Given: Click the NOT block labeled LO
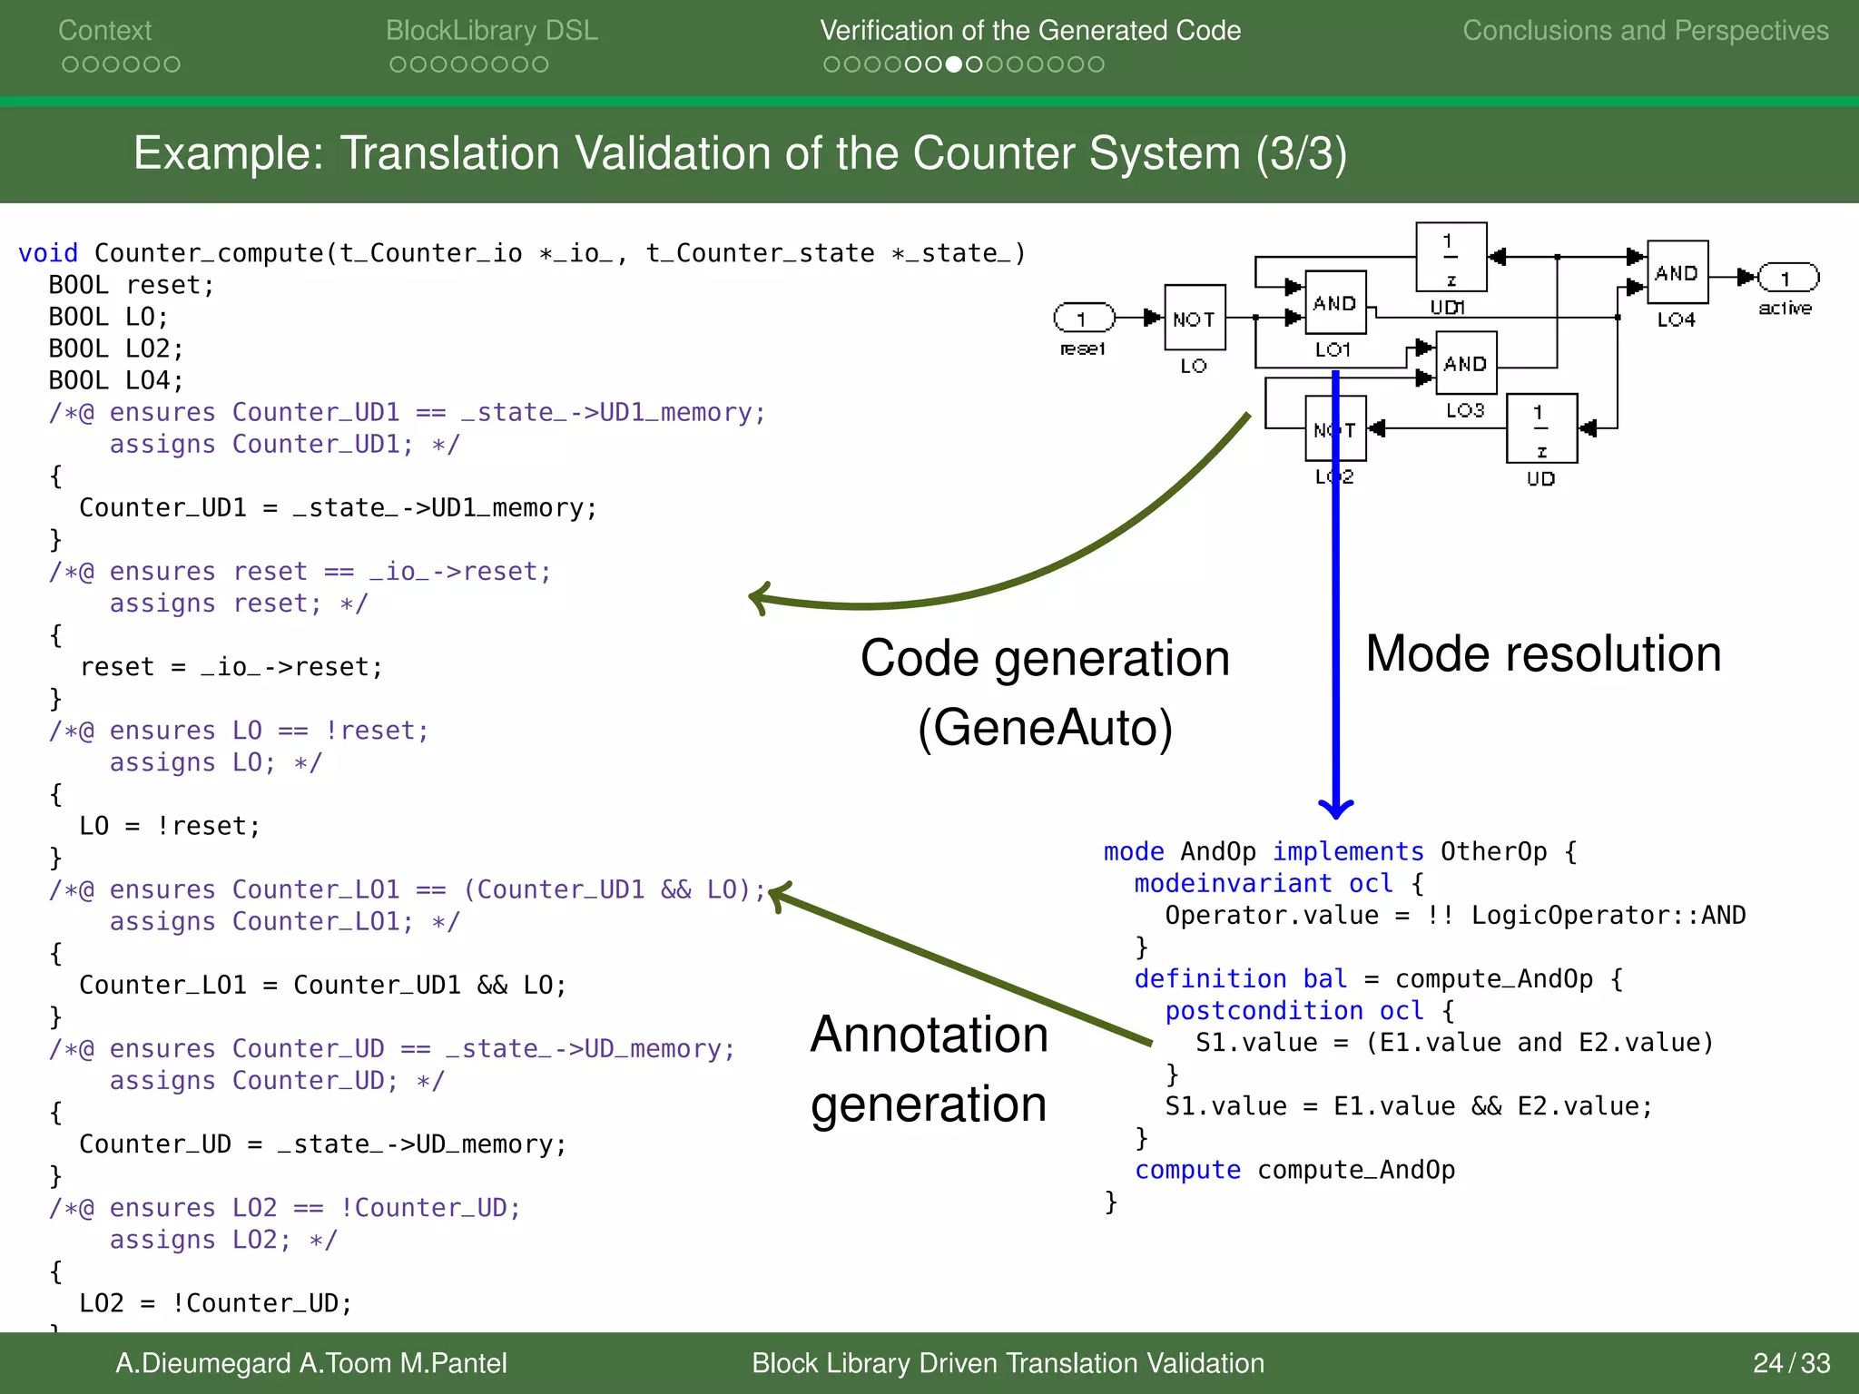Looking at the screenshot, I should point(1195,318).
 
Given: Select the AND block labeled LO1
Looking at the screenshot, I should point(1334,303).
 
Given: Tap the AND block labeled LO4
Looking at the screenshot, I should point(1677,272).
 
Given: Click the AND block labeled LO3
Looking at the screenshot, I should point(1465,363).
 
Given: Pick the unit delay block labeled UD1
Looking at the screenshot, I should point(1451,257).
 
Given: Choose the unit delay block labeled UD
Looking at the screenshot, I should point(1540,428).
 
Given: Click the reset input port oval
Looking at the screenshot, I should point(1084,318).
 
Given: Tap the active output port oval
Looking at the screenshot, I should point(1787,277).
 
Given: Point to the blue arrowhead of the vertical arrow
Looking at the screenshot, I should point(1335,808).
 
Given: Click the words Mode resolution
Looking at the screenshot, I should point(1542,653).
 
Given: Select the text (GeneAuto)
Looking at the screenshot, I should point(1045,728).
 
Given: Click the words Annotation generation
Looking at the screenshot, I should point(929,1069).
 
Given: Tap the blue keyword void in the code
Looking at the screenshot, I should point(47,253).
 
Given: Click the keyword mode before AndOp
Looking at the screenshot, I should point(1133,851).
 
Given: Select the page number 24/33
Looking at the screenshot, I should point(1790,1363).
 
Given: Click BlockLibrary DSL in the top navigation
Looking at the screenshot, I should point(491,31).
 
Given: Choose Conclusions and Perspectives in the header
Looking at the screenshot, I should point(1645,31).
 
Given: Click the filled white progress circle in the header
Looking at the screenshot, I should point(953,64).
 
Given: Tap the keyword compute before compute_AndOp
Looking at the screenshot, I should point(1186,1170).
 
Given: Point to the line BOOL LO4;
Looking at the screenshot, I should point(115,380).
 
